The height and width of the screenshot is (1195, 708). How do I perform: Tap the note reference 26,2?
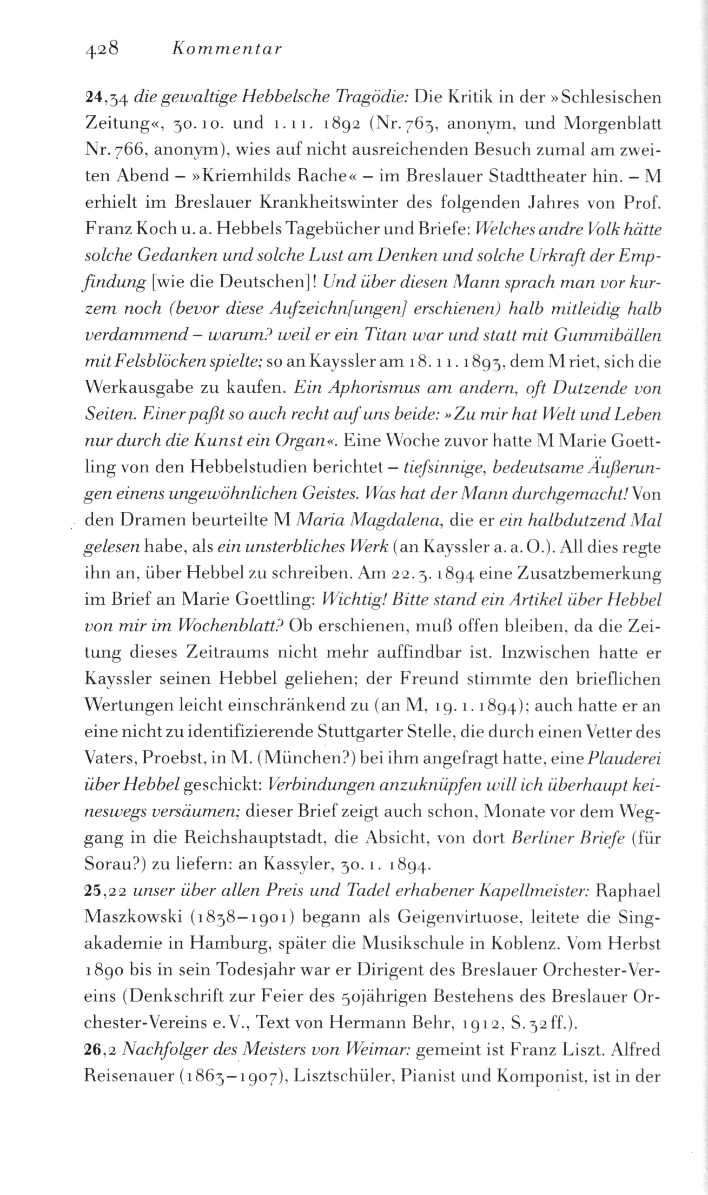[98, 1049]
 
